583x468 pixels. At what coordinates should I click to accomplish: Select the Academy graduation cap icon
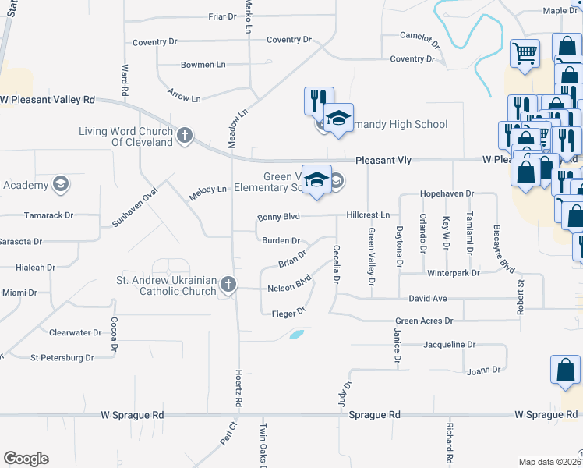[x=59, y=185]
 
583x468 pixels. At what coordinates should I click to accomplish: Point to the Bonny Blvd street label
[x=278, y=217]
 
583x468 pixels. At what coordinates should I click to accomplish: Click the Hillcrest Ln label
[x=368, y=214]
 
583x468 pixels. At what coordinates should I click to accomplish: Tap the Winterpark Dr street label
[x=453, y=273]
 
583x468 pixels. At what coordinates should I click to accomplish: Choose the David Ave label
[x=428, y=299]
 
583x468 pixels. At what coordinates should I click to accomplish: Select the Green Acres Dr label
[x=424, y=321]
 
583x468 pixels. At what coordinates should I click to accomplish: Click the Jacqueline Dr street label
[x=449, y=344]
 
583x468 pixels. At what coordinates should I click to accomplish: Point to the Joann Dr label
[x=482, y=371]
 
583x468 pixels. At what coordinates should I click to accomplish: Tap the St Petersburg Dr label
[x=62, y=358]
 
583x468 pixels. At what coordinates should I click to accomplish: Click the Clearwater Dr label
[x=75, y=332]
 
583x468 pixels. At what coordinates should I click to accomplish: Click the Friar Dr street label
[x=222, y=16]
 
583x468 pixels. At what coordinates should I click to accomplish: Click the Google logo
[x=26, y=459]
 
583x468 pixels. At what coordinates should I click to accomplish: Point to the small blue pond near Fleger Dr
[x=296, y=335]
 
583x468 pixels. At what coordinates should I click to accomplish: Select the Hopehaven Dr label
[x=447, y=193]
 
